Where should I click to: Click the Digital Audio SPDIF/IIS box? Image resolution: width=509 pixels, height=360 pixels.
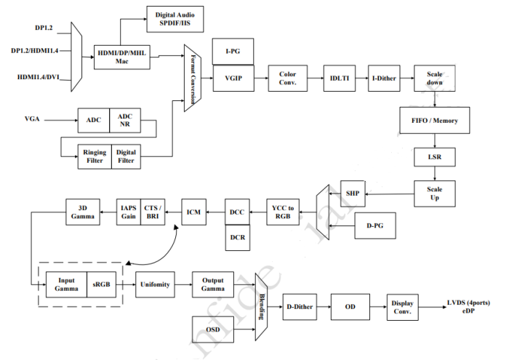(175, 16)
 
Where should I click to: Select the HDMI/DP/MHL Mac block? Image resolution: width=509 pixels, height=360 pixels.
(121, 57)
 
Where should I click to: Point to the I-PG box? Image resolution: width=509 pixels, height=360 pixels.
(231, 52)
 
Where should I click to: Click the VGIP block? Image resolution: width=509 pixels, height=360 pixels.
(231, 77)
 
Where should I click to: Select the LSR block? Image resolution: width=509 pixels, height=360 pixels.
(435, 156)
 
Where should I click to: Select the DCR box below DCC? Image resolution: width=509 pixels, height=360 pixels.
(238, 237)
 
